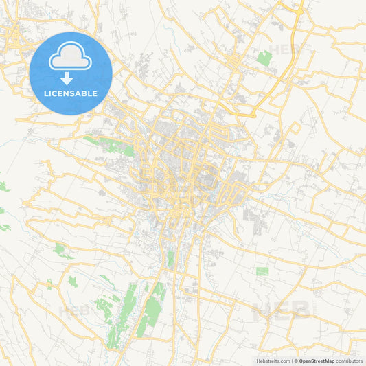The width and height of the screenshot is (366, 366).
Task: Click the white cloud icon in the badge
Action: click(71, 58)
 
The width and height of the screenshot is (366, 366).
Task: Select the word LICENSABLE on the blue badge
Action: click(71, 93)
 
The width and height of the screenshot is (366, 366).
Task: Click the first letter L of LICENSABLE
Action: click(46, 93)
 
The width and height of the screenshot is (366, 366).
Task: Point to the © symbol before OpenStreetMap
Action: click(296, 361)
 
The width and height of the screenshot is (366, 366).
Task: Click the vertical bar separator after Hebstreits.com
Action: click(292, 361)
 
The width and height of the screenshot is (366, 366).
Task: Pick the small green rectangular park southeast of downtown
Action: click(262, 271)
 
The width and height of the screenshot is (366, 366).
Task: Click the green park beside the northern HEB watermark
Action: click(264, 58)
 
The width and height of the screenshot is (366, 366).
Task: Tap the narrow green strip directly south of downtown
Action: click(170, 259)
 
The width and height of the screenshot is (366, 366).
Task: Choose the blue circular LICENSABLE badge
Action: click(71, 73)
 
